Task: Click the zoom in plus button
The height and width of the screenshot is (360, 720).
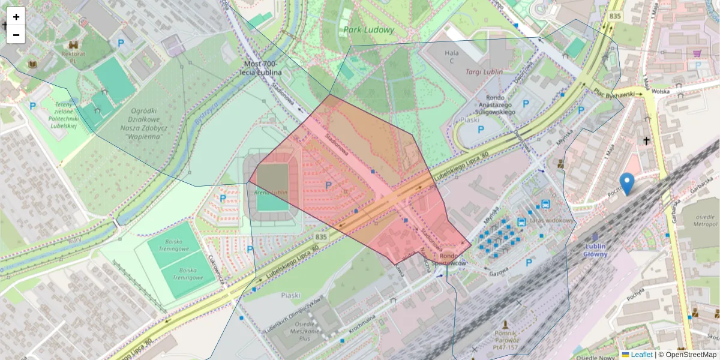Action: coord(16,17)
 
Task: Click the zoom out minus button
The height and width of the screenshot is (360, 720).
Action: coord(16,35)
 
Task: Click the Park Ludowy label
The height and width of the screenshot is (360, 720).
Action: coord(369,29)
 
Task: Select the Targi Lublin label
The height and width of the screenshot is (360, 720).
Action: coord(484,71)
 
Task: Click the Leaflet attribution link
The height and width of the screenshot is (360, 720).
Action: coord(641,355)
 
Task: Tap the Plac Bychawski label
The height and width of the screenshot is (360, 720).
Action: coord(613,93)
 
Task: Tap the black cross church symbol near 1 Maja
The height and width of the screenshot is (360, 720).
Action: coord(646,141)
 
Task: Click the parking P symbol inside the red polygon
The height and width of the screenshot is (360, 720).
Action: coord(328,186)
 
